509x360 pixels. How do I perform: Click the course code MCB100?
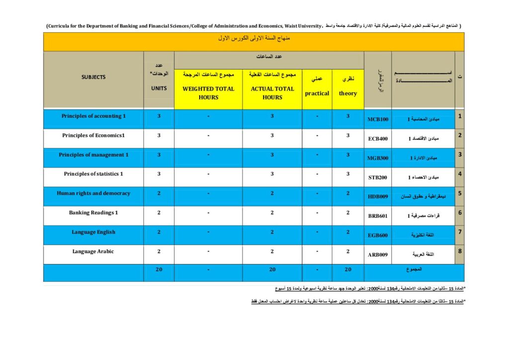pos(378,120)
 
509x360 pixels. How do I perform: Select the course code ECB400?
pos(378,139)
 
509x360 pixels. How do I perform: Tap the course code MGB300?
pos(378,158)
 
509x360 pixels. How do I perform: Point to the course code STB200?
pos(378,178)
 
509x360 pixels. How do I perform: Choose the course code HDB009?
pos(378,197)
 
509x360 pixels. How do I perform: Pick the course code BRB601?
pos(378,216)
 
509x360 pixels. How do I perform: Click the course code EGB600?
pos(378,236)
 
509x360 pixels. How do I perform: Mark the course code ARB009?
pos(378,255)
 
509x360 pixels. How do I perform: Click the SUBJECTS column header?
pos(93,77)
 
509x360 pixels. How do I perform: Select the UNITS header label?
pos(159,88)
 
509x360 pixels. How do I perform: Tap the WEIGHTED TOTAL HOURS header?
pos(208,93)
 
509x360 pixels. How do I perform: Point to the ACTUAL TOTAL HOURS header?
pos(272,93)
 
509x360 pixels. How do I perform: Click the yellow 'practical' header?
pos(317,93)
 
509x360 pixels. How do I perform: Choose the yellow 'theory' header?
pos(348,93)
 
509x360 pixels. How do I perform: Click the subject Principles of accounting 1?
pos(93,116)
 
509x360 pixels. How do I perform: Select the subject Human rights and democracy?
pos(93,193)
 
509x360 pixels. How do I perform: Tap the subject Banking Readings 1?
pos(93,212)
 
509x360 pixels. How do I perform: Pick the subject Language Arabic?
pos(93,251)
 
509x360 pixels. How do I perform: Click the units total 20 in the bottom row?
pos(159,270)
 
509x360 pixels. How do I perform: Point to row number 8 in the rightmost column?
pos(460,251)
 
